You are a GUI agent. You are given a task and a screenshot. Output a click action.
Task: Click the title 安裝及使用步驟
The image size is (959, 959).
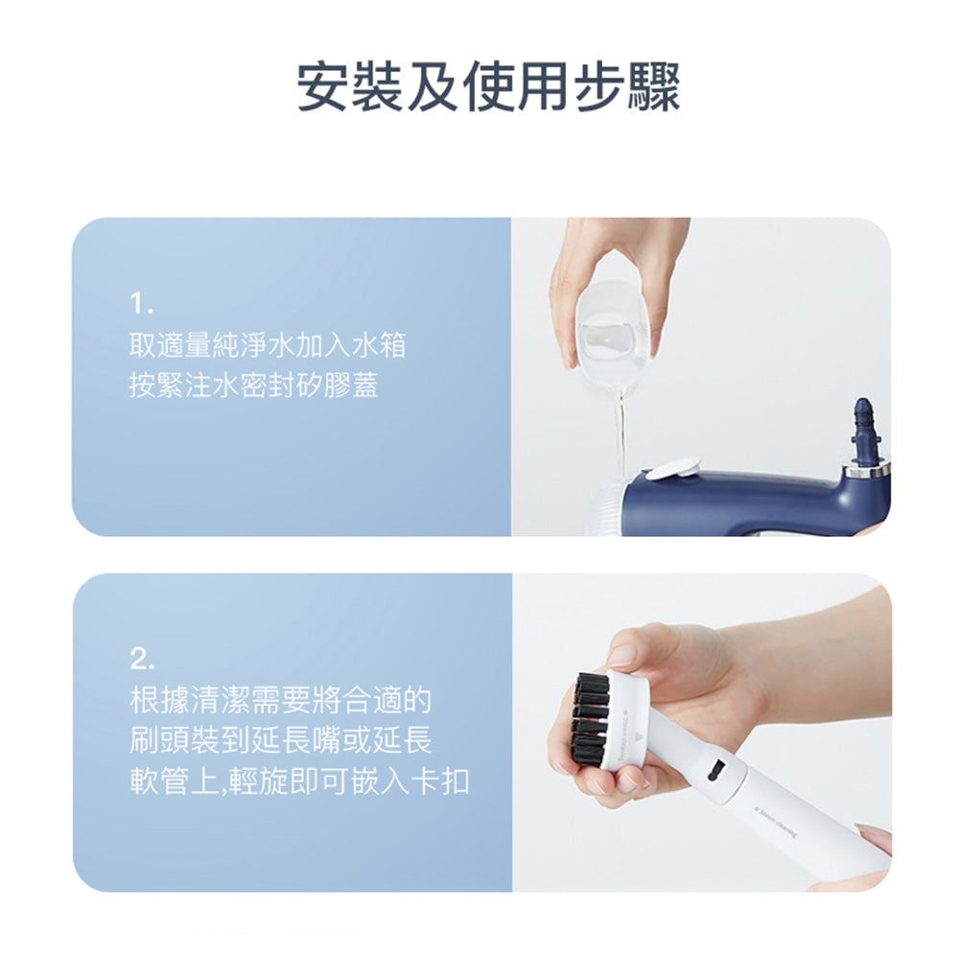(x=488, y=87)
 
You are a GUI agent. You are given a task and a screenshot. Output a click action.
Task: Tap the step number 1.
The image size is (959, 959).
(x=141, y=303)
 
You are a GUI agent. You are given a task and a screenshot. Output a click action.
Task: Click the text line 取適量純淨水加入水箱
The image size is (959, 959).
(x=268, y=345)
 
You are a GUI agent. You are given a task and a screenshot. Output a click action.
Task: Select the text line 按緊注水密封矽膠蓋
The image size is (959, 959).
(x=254, y=385)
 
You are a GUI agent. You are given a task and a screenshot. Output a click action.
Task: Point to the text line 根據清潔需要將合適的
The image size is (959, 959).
(x=281, y=700)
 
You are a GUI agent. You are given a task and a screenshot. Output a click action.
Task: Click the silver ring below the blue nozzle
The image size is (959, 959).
(x=867, y=470)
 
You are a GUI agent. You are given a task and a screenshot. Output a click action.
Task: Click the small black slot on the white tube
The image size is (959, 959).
(x=715, y=769)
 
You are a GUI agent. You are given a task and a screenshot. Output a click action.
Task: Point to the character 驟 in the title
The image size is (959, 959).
(x=654, y=87)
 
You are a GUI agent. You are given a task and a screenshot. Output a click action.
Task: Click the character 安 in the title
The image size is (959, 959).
(x=322, y=87)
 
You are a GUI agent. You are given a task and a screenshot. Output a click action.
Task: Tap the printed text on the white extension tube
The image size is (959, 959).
(x=776, y=824)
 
